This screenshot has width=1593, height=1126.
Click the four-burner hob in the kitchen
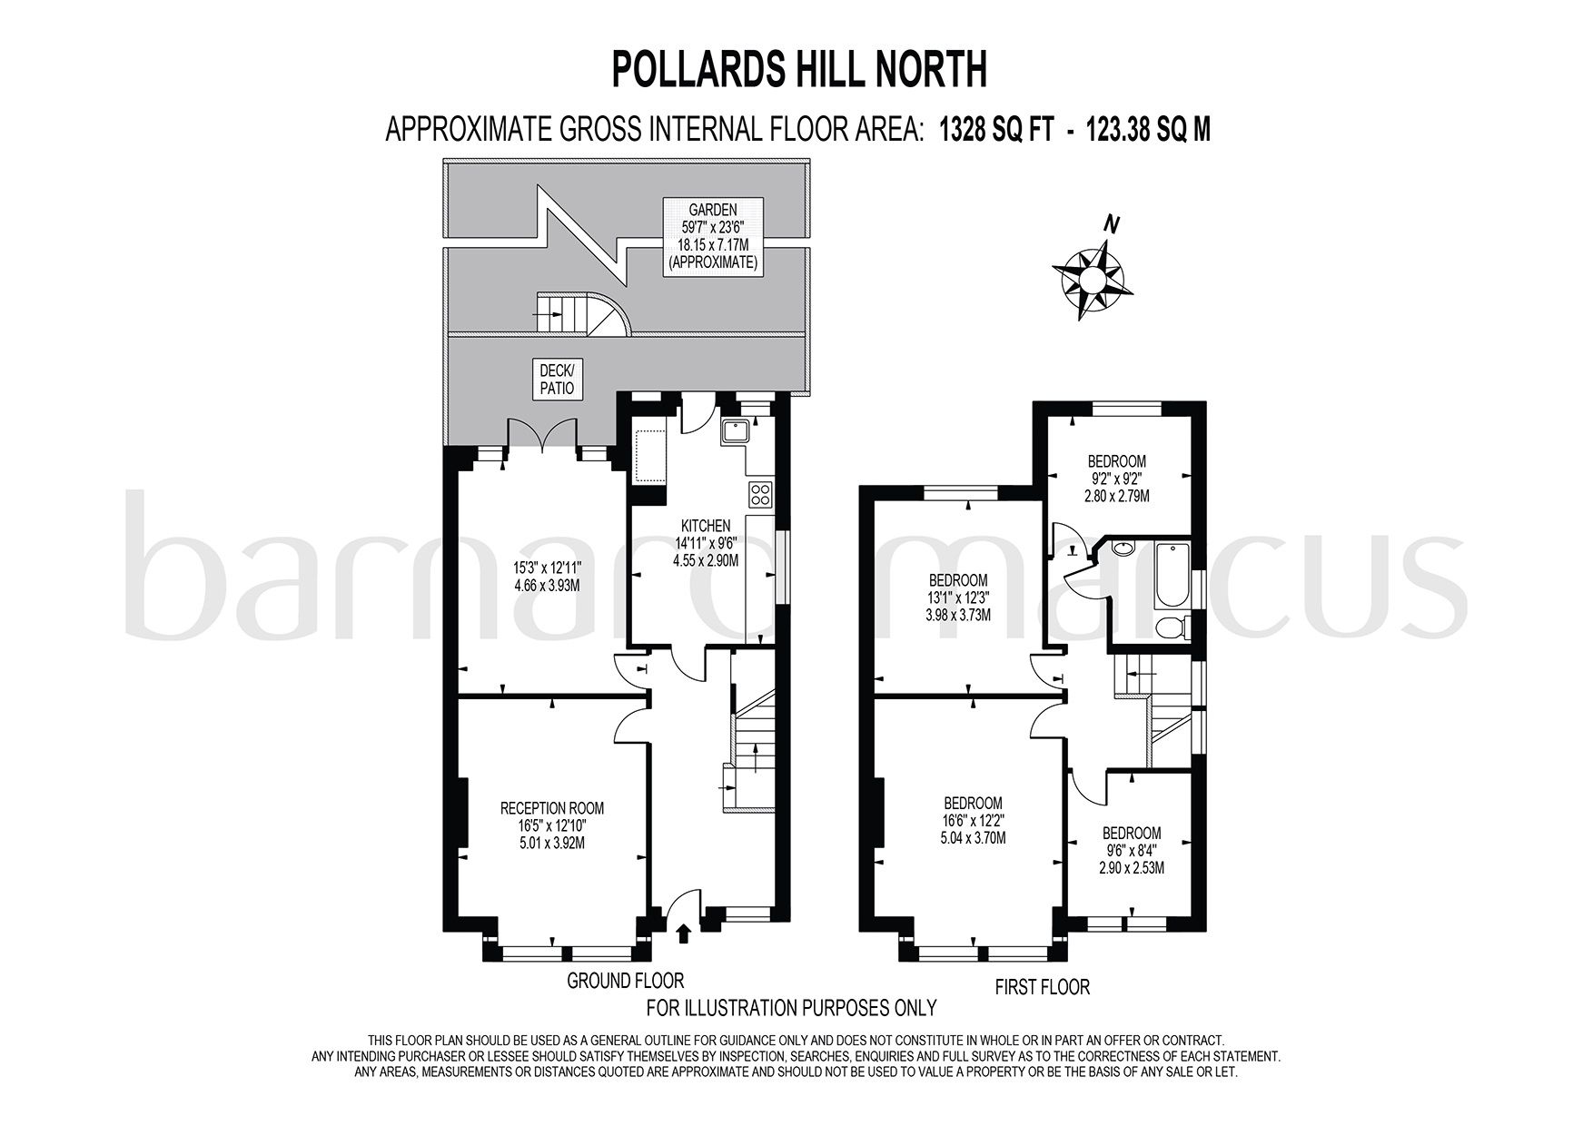pos(760,495)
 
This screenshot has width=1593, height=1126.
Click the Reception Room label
pos(551,825)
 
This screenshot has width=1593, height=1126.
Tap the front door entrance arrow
pos(683,933)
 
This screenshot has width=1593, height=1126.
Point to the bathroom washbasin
pos(1123,548)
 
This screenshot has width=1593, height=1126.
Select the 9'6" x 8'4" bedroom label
pos(1131,850)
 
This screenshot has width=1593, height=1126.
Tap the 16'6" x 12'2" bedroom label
pos(973,820)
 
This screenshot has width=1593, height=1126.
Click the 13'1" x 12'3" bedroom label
pos(957,597)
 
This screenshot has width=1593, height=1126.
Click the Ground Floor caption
pos(625,981)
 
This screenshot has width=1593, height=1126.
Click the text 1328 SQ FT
pos(995,130)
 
